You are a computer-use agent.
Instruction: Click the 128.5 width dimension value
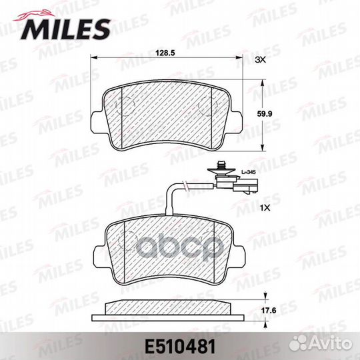pyautogui.click(x=165, y=53)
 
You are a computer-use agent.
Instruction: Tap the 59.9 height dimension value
pyautogui.click(x=264, y=113)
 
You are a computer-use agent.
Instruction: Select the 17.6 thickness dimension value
pyautogui.click(x=269, y=311)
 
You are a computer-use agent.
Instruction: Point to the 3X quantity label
pyautogui.click(x=261, y=60)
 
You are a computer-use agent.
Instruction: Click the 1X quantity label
pyautogui.click(x=265, y=208)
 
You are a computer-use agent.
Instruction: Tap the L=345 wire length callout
pyautogui.click(x=249, y=172)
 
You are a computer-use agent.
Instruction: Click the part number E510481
pyautogui.click(x=180, y=347)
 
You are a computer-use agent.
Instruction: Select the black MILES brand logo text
pyautogui.click(x=65, y=29)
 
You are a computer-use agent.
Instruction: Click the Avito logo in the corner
pyautogui.click(x=321, y=344)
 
